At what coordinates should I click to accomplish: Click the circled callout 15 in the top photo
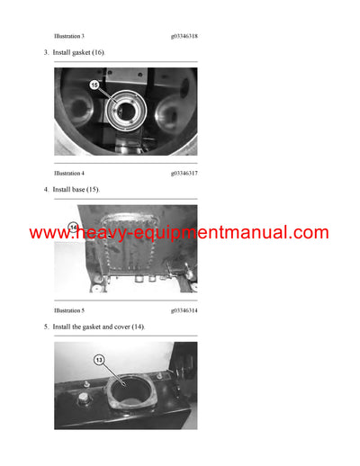tap(95, 85)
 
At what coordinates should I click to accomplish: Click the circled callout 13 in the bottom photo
tap(100, 360)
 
